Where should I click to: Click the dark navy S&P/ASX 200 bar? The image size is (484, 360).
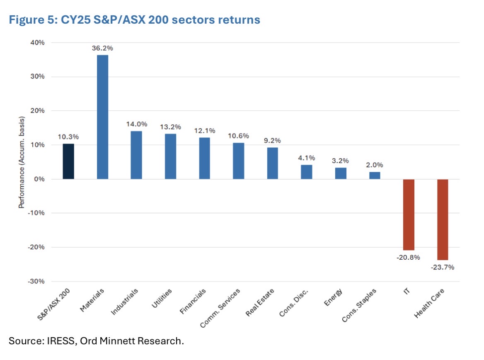pyautogui.click(x=68, y=161)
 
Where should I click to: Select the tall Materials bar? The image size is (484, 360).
pyautogui.click(x=102, y=117)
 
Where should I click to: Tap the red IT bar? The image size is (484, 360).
pyautogui.click(x=409, y=214)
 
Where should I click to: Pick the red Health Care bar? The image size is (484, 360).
pyautogui.click(x=443, y=219)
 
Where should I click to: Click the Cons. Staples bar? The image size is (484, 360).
pyautogui.click(x=375, y=175)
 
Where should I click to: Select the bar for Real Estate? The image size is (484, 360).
pyautogui.click(x=273, y=163)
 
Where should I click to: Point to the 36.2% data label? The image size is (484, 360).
pyautogui.click(x=102, y=48)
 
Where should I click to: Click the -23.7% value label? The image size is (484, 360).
pyautogui.click(x=443, y=267)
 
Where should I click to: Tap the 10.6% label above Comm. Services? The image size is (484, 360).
pyautogui.click(x=239, y=136)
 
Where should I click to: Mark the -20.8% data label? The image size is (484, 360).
pyautogui.click(x=409, y=257)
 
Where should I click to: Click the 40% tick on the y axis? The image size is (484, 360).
pyautogui.click(x=37, y=43)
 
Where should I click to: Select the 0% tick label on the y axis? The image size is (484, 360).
pyautogui.click(x=39, y=179)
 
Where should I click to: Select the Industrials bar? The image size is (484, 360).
pyautogui.click(x=136, y=155)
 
